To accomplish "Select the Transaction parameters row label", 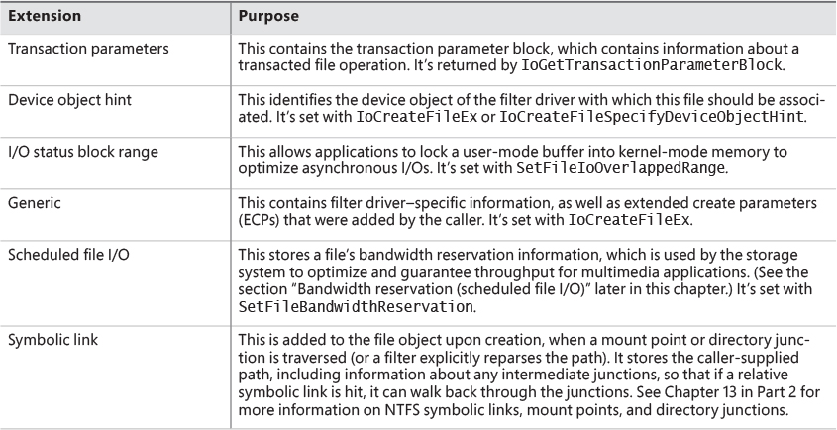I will pyautogui.click(x=77, y=47).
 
